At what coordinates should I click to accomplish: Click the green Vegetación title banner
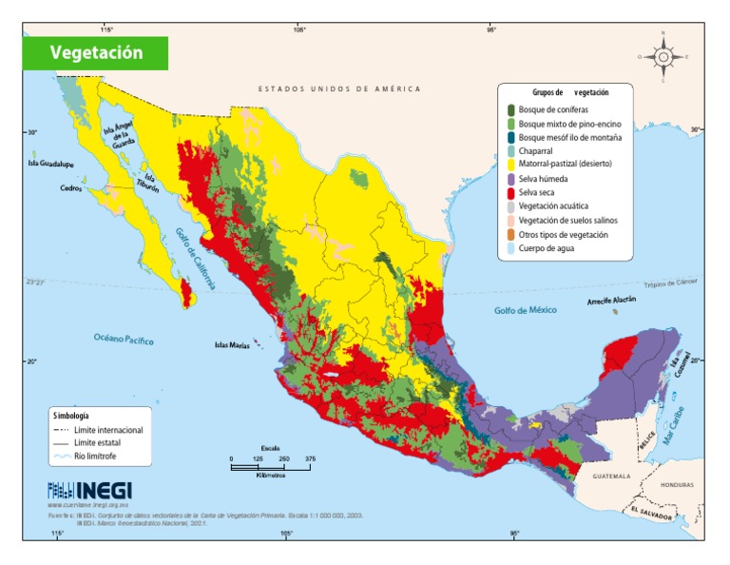click(x=96, y=53)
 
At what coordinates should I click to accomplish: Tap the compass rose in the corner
click(x=663, y=56)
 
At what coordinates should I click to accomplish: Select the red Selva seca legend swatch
click(x=510, y=191)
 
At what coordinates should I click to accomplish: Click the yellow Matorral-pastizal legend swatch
click(x=510, y=164)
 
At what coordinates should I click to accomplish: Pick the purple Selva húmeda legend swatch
click(x=510, y=178)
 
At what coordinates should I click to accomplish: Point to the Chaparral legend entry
click(x=538, y=150)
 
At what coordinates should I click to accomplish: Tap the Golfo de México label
click(x=524, y=311)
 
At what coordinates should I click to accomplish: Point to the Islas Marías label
click(x=230, y=345)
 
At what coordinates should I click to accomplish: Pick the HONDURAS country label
click(x=678, y=484)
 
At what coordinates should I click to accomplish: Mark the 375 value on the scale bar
click(x=309, y=458)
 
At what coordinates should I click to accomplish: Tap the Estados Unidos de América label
click(x=338, y=88)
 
